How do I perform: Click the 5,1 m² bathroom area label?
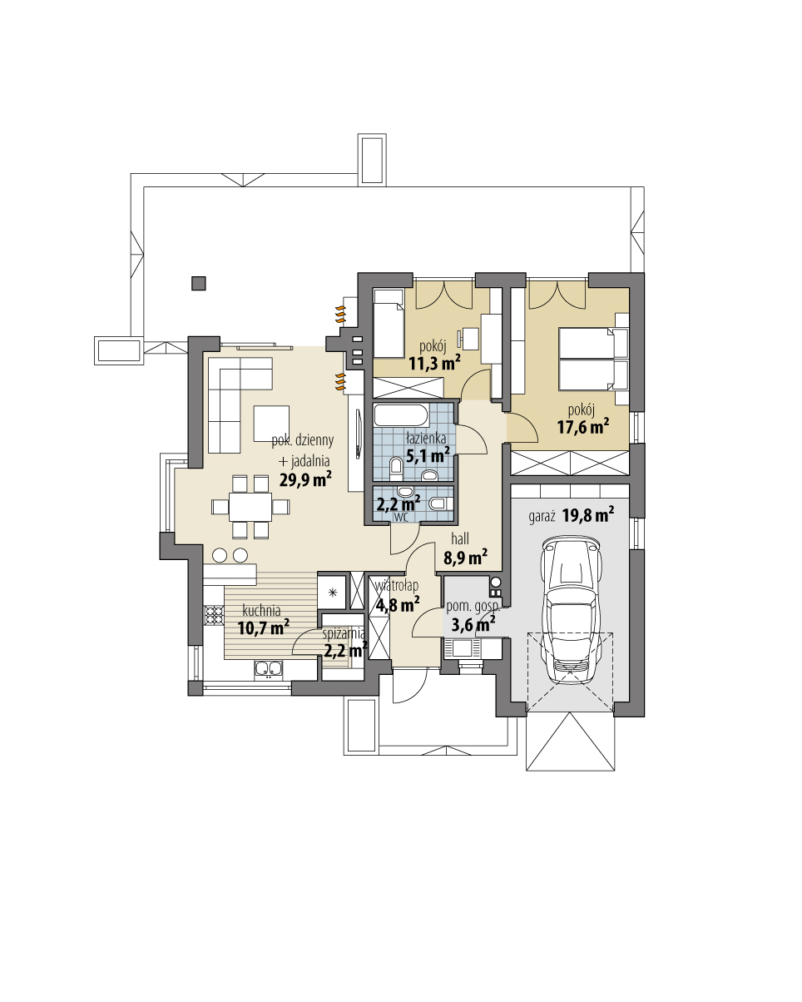pyautogui.click(x=428, y=455)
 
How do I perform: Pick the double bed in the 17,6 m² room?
pyautogui.click(x=592, y=359)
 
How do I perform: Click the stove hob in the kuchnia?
pyautogui.click(x=215, y=615)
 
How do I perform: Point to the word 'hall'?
pyautogui.click(x=460, y=538)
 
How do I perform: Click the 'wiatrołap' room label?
pyautogui.click(x=398, y=585)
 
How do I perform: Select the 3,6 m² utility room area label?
pyautogui.click(x=473, y=623)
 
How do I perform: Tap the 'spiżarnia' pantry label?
pyautogui.click(x=344, y=632)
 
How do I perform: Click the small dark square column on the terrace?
pyautogui.click(x=198, y=283)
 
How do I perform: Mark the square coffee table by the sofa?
pyautogui.click(x=272, y=422)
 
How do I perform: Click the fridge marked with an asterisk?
pyautogui.click(x=333, y=593)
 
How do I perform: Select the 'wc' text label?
pyautogui.click(x=400, y=517)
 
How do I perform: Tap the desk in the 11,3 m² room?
pyautogui.click(x=472, y=339)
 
